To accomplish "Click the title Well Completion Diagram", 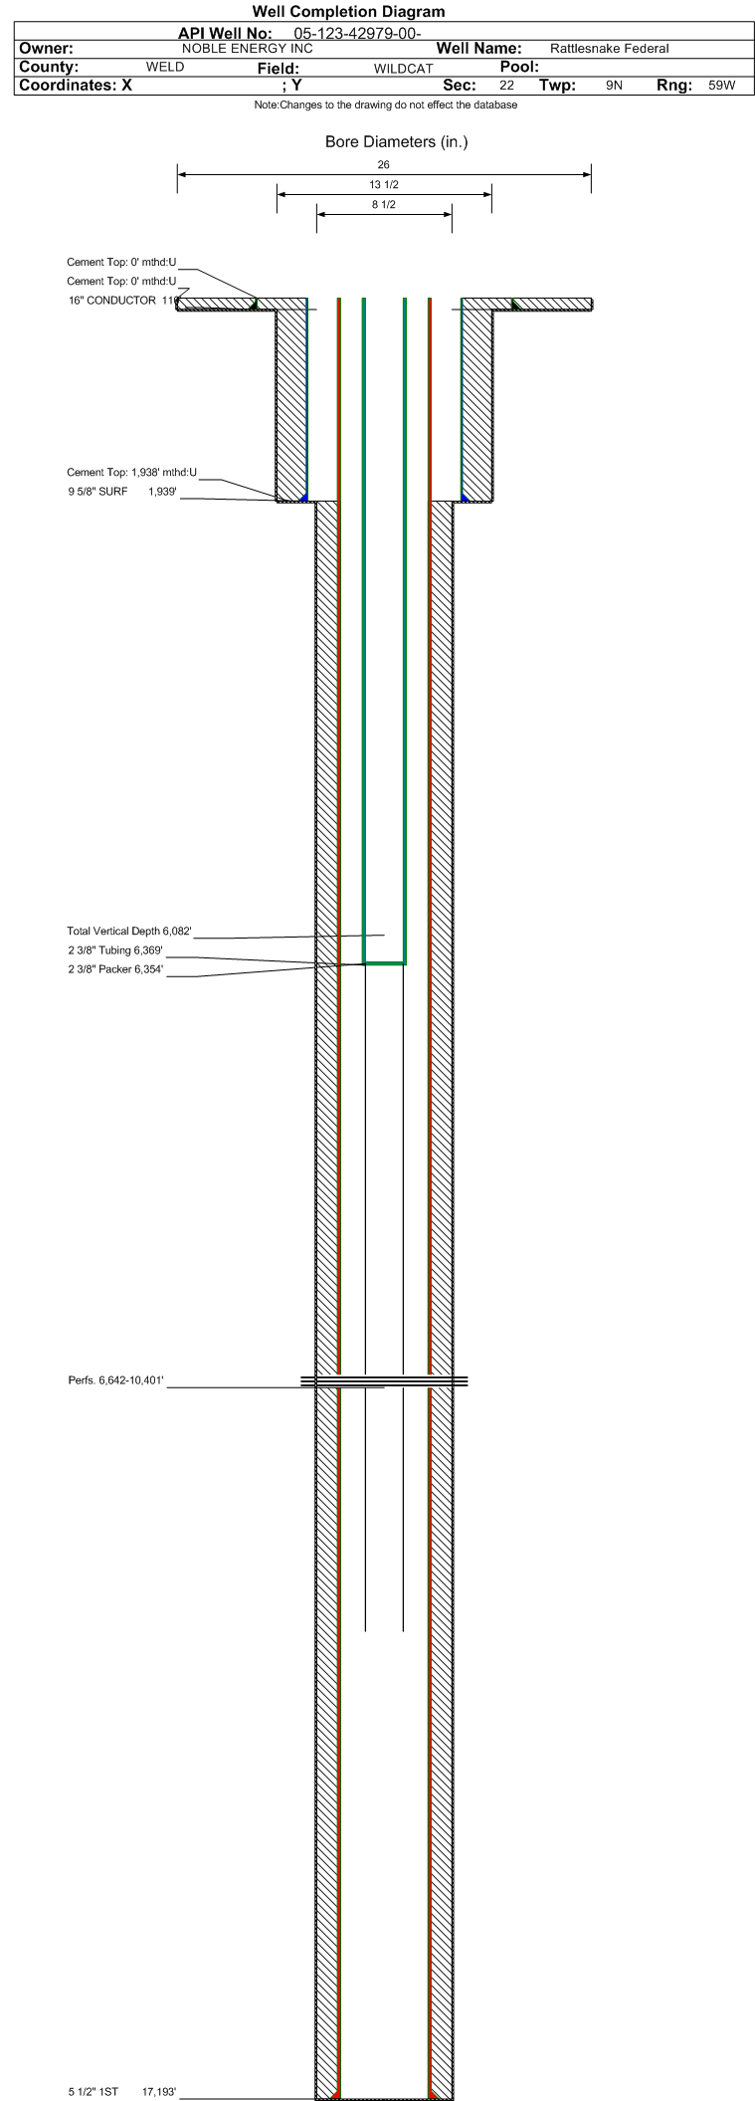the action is coord(348,12).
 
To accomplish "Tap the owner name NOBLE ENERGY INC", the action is coord(248,48).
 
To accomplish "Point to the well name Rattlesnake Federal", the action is coord(610,48).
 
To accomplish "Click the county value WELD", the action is coord(165,67).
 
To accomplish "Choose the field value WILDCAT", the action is coord(404,69).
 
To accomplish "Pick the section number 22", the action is coord(507,86).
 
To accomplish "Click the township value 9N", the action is coord(615,86).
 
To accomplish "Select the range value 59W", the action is coord(722,86).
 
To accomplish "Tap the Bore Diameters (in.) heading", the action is coord(397,142).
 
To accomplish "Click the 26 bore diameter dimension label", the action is coord(384,164).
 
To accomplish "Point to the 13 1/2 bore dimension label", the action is coord(384,185).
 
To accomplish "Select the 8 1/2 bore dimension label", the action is coord(384,205).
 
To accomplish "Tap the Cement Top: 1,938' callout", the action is coord(132,472).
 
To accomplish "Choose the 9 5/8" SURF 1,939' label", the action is coord(122,492).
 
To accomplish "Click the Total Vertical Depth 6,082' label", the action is coord(129,932).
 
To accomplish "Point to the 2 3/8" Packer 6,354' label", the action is coord(115,969).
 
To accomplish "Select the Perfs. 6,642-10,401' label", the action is coord(116,1380).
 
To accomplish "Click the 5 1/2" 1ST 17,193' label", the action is coord(122,2092).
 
